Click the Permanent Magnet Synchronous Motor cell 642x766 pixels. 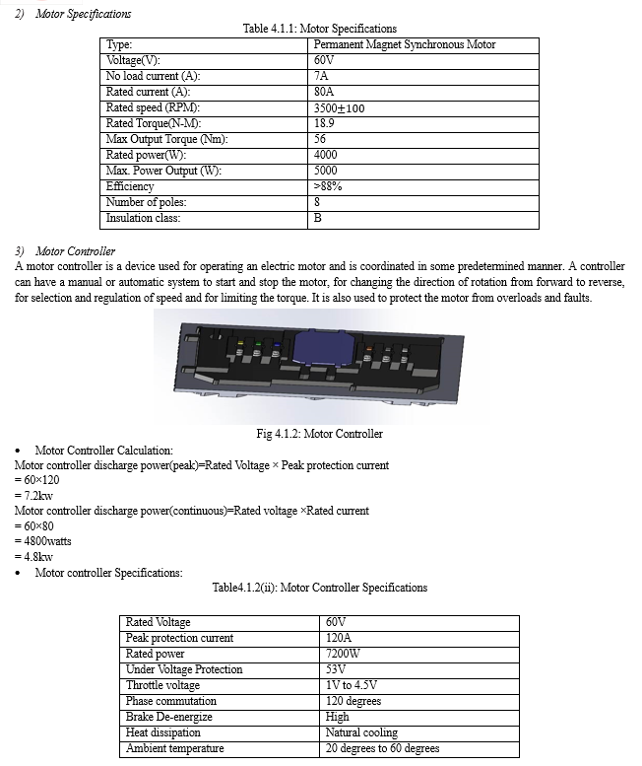405,44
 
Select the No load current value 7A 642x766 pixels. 321,76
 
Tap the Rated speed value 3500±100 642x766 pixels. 339,107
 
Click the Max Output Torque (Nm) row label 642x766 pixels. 166,139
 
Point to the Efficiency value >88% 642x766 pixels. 327,186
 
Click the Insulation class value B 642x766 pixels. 317,218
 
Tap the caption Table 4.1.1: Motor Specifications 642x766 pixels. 320,29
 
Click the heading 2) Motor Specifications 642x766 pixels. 73,14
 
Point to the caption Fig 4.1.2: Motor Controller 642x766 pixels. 319,434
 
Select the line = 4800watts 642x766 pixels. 42,541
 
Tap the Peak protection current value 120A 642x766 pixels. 338,638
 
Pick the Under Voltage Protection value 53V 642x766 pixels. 335,669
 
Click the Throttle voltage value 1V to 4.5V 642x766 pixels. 352,685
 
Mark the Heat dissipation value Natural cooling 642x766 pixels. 361,732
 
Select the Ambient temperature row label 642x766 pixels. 175,748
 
